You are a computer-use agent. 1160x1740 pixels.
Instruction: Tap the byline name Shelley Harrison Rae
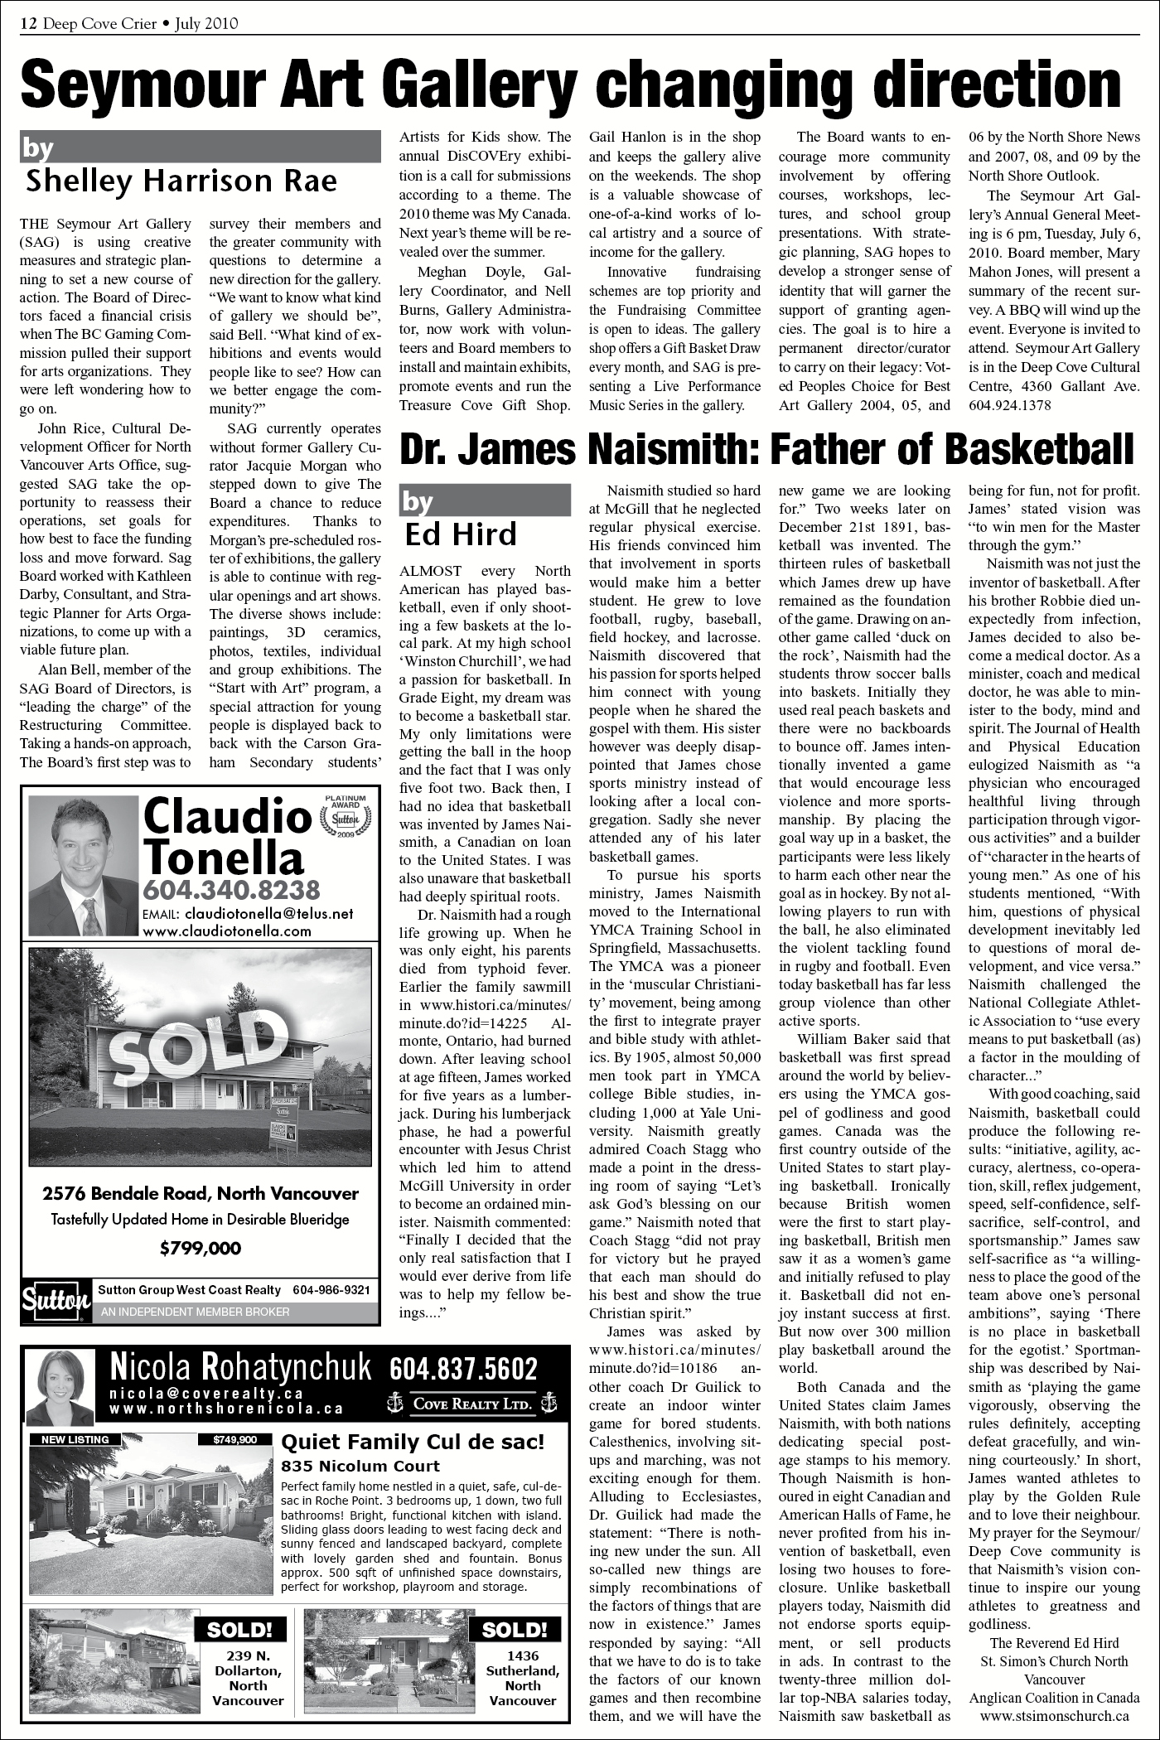[x=181, y=180]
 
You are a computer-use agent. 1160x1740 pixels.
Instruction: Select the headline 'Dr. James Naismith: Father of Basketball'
[x=766, y=450]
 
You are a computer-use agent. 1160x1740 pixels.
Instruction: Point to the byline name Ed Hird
[x=460, y=534]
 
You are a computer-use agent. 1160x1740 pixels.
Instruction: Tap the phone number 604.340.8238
[x=231, y=891]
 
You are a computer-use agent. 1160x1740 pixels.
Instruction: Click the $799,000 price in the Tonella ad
[x=201, y=1248]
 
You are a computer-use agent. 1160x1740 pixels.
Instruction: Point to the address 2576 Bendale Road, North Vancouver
[x=201, y=1194]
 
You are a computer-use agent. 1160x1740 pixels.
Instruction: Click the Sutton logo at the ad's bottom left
[x=56, y=1302]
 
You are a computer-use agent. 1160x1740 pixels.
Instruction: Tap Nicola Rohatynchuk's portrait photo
[x=60, y=1386]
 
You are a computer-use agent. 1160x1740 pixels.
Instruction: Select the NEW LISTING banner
[x=75, y=1440]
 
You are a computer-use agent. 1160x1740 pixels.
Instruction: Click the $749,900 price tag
[x=235, y=1440]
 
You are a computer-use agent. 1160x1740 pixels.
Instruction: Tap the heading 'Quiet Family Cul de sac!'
[x=413, y=1443]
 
